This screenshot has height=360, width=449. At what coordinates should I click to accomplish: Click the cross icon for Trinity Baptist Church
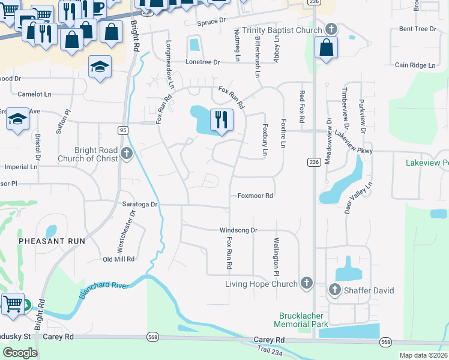331,29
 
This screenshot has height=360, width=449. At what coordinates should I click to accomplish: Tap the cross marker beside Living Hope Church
306,283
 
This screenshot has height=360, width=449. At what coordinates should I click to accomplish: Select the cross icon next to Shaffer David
335,290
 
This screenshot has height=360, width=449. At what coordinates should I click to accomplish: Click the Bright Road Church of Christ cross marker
126,154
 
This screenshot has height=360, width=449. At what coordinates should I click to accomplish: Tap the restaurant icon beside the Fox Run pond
221,120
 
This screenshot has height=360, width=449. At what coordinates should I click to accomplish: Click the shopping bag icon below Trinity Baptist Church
326,49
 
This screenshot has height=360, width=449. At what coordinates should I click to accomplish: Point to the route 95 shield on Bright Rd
122,130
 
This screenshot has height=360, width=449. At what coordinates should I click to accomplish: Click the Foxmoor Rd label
255,196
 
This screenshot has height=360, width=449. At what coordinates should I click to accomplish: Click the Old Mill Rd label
118,259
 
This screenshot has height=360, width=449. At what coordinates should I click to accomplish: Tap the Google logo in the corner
20,352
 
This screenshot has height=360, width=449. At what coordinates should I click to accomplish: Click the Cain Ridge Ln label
414,65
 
